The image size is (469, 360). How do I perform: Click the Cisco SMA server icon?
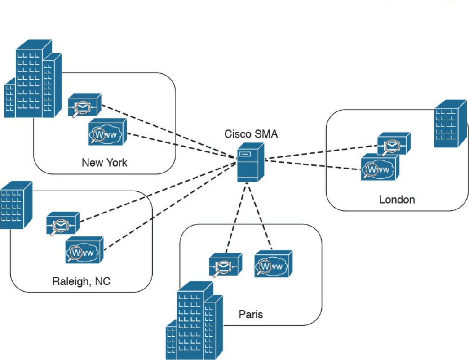(251, 162)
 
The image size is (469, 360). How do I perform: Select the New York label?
(104, 162)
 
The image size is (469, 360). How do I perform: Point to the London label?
(397, 199)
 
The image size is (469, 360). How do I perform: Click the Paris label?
(251, 314)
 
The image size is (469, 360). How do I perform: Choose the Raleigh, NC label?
(81, 282)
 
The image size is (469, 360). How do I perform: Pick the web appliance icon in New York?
(107, 132)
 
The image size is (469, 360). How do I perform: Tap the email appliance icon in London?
(394, 144)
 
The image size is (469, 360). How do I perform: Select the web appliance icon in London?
(380, 167)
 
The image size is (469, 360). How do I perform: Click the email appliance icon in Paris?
(226, 265)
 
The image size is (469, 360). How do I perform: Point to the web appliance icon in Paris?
(274, 264)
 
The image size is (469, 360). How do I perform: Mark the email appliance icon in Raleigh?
(63, 223)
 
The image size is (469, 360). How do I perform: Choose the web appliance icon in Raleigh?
(84, 250)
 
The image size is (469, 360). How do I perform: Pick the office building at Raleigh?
(16, 204)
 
